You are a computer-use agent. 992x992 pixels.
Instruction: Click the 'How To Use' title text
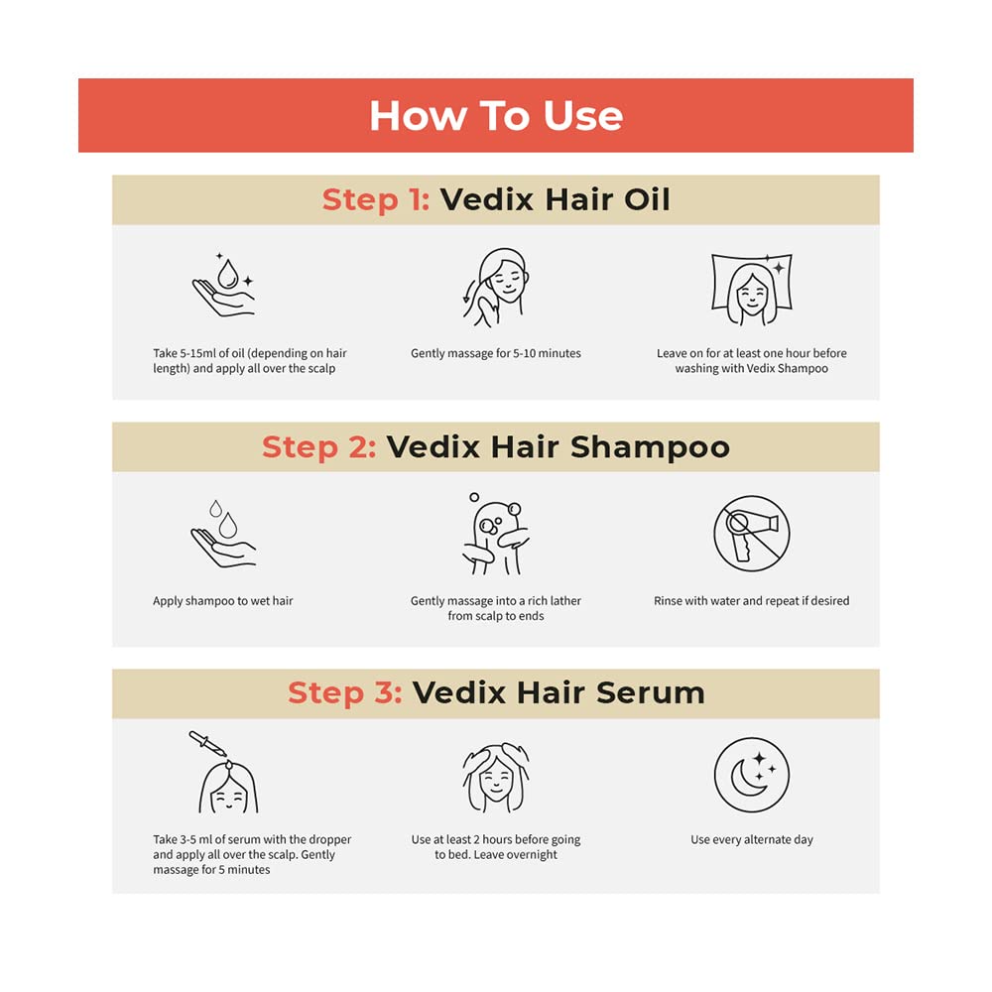pyautogui.click(x=496, y=116)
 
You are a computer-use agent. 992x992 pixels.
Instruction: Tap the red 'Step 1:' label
pyautogui.click(x=375, y=199)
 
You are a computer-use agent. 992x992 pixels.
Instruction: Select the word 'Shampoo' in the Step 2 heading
pyautogui.click(x=649, y=447)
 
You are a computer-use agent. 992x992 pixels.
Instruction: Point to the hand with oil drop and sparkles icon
pyautogui.click(x=222, y=286)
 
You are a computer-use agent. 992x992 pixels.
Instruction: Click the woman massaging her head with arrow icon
pyautogui.click(x=494, y=288)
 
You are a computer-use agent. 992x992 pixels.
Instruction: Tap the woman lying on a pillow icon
pyautogui.click(x=752, y=289)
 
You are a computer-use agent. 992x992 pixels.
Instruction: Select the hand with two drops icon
pyautogui.click(x=222, y=534)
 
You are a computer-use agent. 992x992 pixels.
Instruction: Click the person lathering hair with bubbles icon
pyautogui.click(x=494, y=534)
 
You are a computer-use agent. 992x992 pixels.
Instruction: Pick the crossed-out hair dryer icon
pyautogui.click(x=752, y=534)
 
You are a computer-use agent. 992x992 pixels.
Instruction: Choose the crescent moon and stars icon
pyautogui.click(x=752, y=776)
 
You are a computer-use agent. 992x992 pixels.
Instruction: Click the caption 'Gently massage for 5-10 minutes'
pyautogui.click(x=496, y=353)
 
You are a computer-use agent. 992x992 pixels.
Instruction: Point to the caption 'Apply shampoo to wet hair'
pyautogui.click(x=223, y=601)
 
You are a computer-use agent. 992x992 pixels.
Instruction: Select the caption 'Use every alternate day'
pyautogui.click(x=752, y=840)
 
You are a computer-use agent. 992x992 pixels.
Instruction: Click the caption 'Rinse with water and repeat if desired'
pyautogui.click(x=752, y=601)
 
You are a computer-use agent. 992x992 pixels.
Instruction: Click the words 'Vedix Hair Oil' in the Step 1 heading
pyautogui.click(x=556, y=199)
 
